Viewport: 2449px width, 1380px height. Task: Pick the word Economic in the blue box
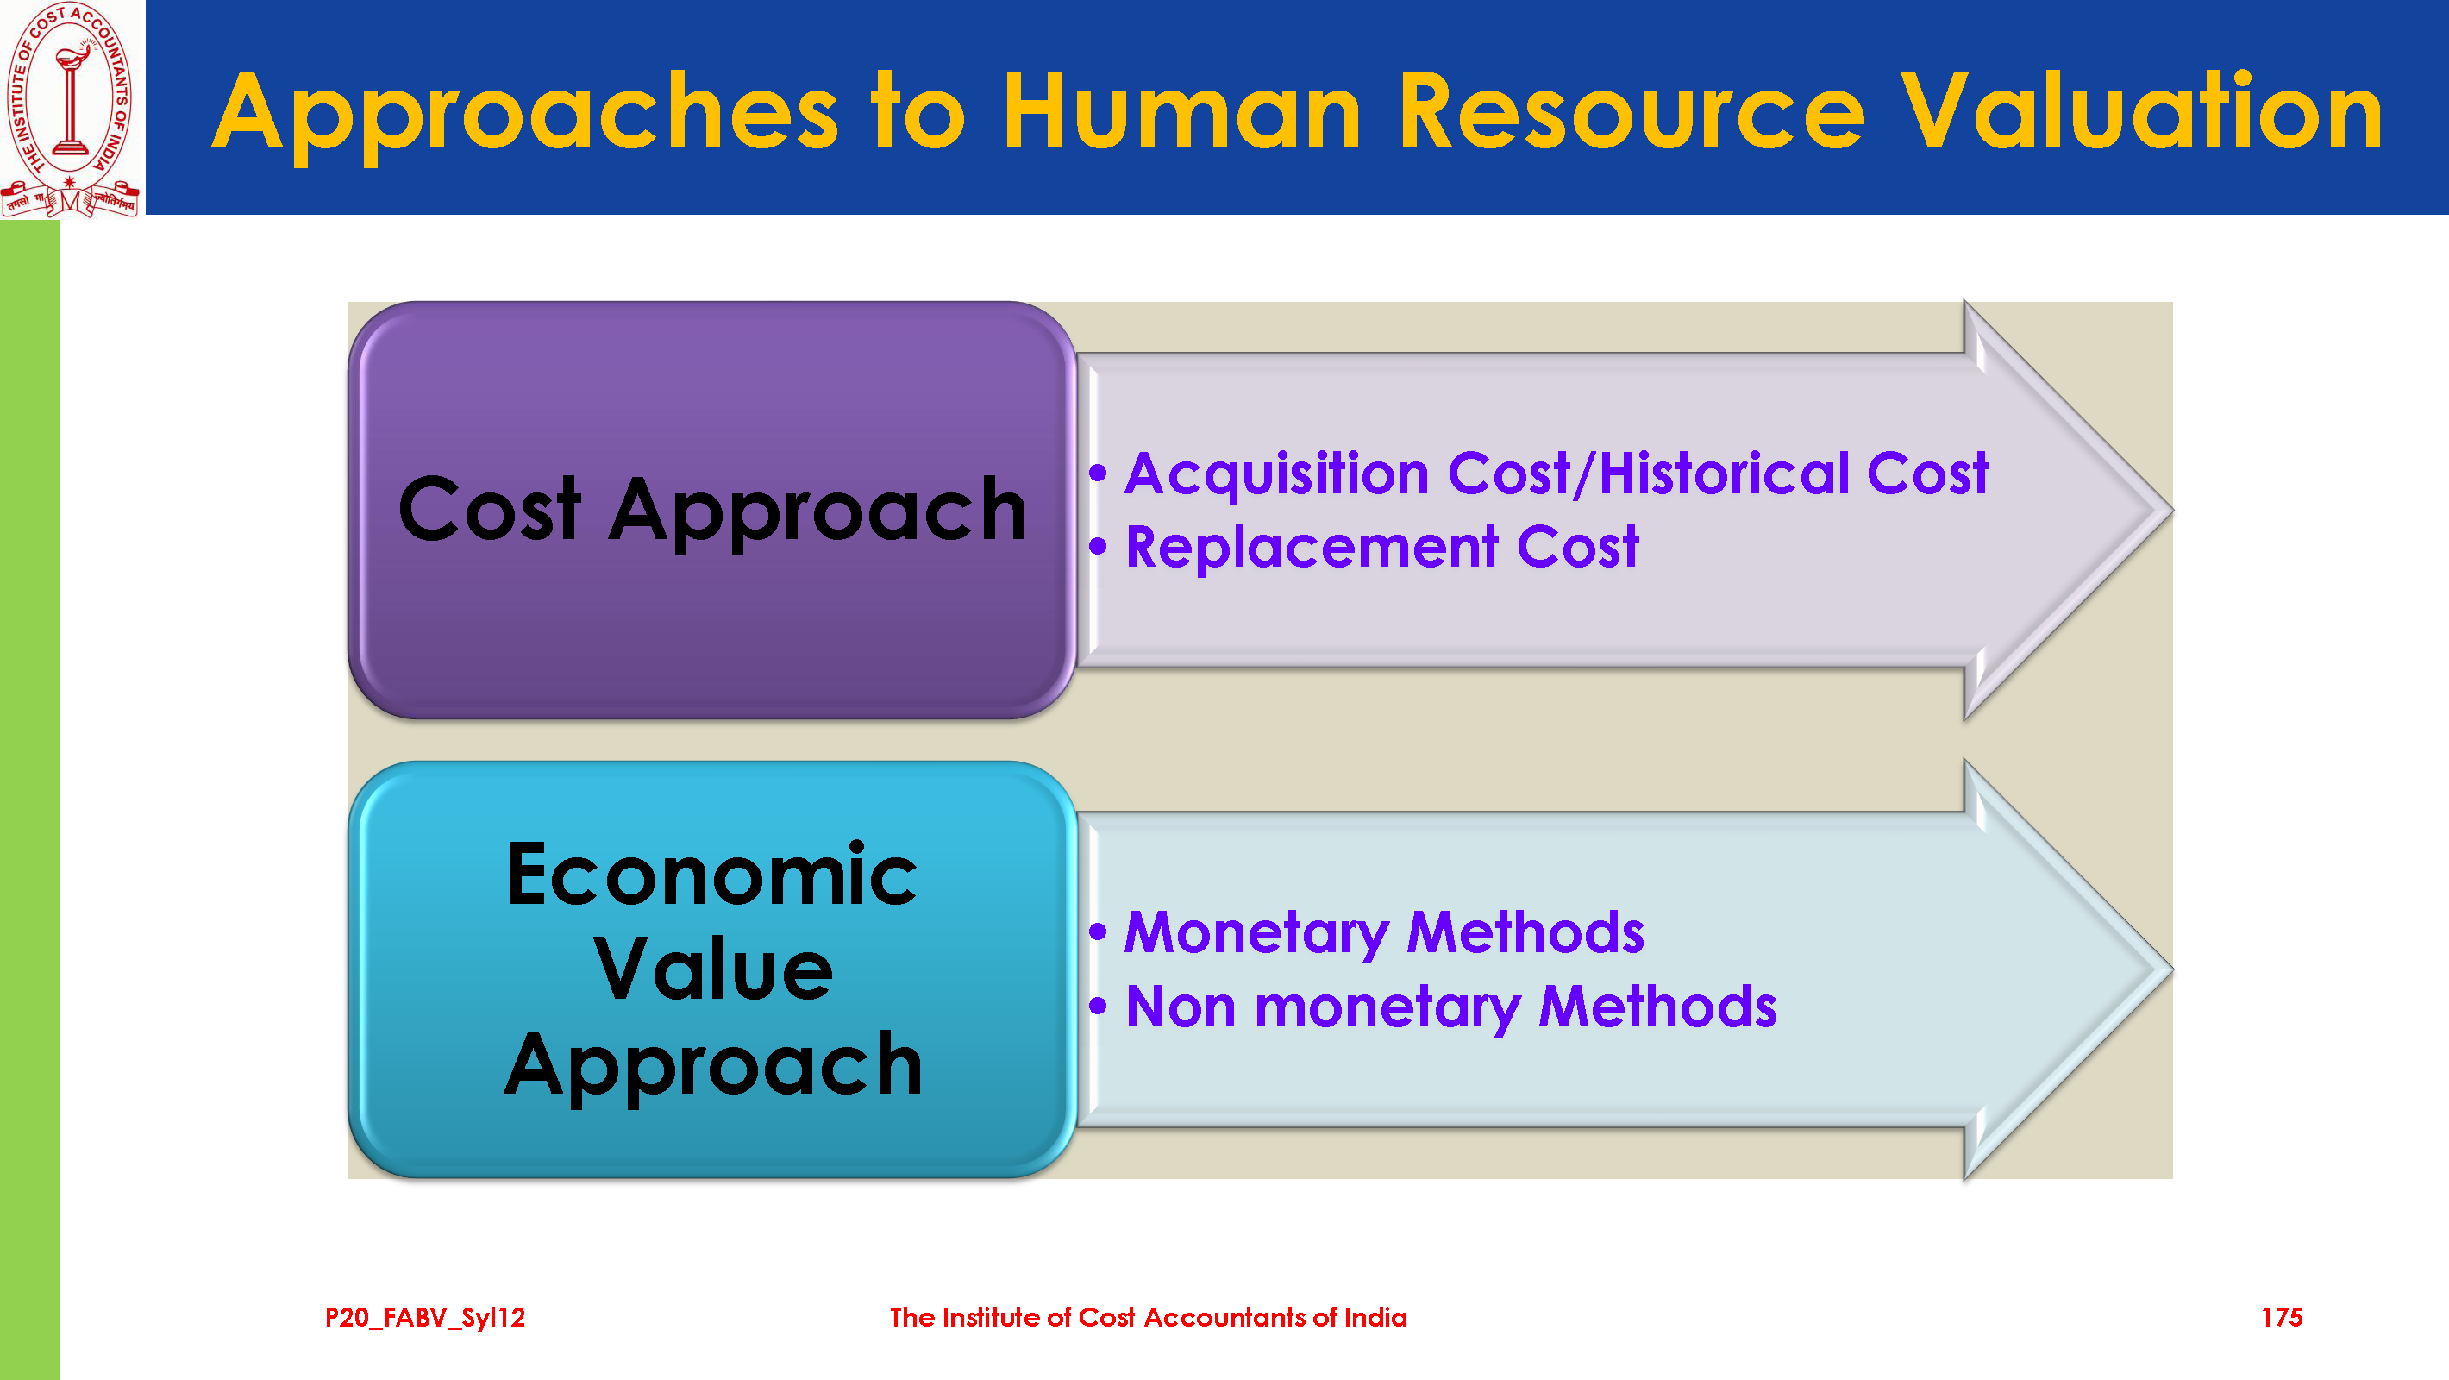713,874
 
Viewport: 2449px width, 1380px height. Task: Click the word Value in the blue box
713,969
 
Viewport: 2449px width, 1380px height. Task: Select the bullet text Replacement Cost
1382,548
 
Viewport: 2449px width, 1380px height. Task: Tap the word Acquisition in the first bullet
1277,474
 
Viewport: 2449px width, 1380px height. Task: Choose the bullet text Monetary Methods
1384,933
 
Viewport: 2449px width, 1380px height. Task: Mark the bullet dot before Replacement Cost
1098,547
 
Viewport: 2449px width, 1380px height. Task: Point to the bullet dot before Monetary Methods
1098,933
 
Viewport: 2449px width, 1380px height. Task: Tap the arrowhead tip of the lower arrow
2171,971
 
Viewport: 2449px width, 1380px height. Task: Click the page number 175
2282,1318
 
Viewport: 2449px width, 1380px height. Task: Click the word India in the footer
1375,1318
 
